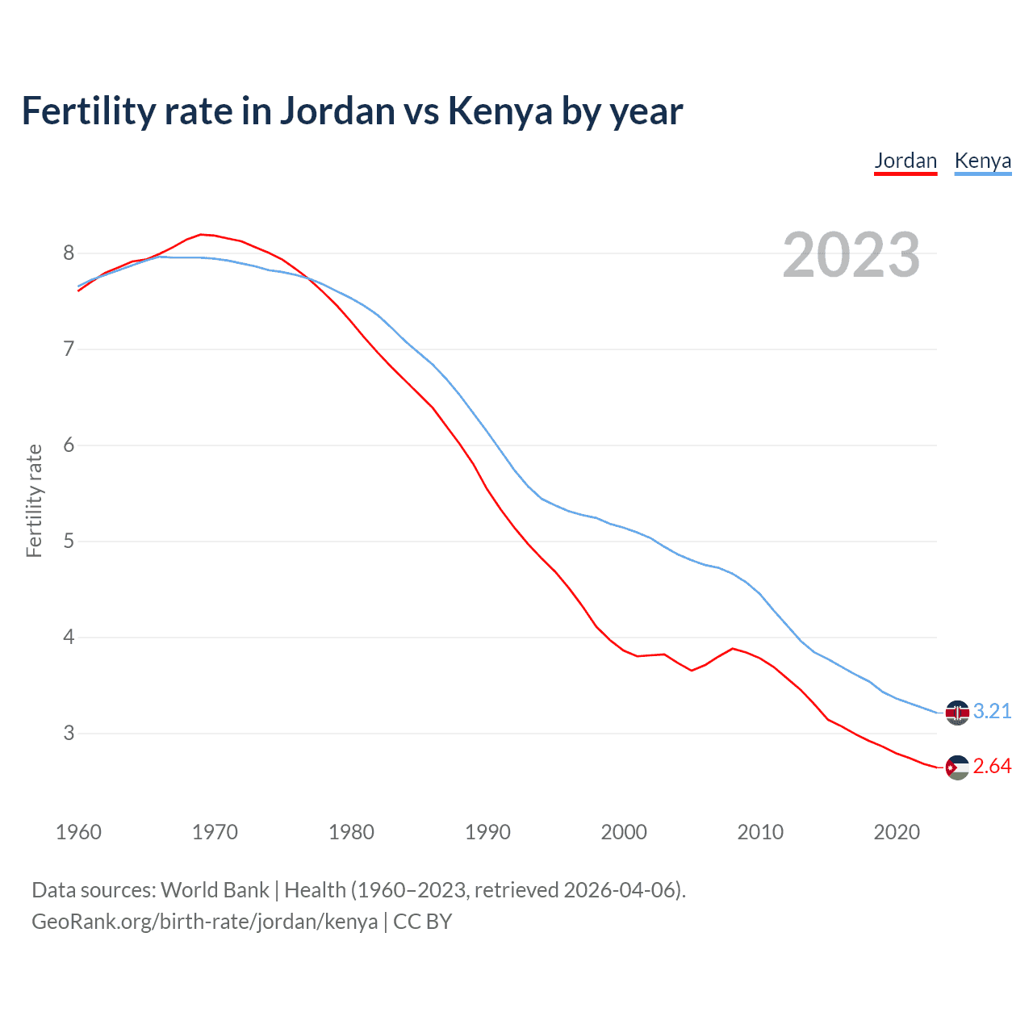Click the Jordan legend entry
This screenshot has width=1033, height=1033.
(x=905, y=161)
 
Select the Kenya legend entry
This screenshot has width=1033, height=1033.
(x=982, y=161)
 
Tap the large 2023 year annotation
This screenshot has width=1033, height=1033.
(x=851, y=255)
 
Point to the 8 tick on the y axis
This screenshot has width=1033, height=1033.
(x=69, y=253)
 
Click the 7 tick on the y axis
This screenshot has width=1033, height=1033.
(x=69, y=349)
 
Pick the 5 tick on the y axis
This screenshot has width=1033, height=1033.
(x=69, y=542)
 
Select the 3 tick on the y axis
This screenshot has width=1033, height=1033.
(x=69, y=734)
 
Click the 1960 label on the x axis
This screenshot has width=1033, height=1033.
(x=78, y=832)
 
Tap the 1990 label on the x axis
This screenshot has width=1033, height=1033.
(x=487, y=832)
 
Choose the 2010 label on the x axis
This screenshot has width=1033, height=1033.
(x=760, y=832)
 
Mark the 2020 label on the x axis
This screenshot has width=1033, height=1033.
(x=897, y=832)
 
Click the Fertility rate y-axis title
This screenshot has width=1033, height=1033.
(x=34, y=500)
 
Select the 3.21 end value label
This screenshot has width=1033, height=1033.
(x=992, y=711)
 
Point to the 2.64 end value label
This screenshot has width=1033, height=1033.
(x=992, y=766)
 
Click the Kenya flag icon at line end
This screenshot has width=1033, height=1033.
(x=957, y=713)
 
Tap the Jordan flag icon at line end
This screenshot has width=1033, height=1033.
(x=957, y=767)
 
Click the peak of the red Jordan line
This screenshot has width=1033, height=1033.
(x=202, y=234)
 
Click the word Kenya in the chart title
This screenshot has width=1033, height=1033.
(x=500, y=111)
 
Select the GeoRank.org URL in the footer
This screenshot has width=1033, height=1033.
(x=204, y=922)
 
